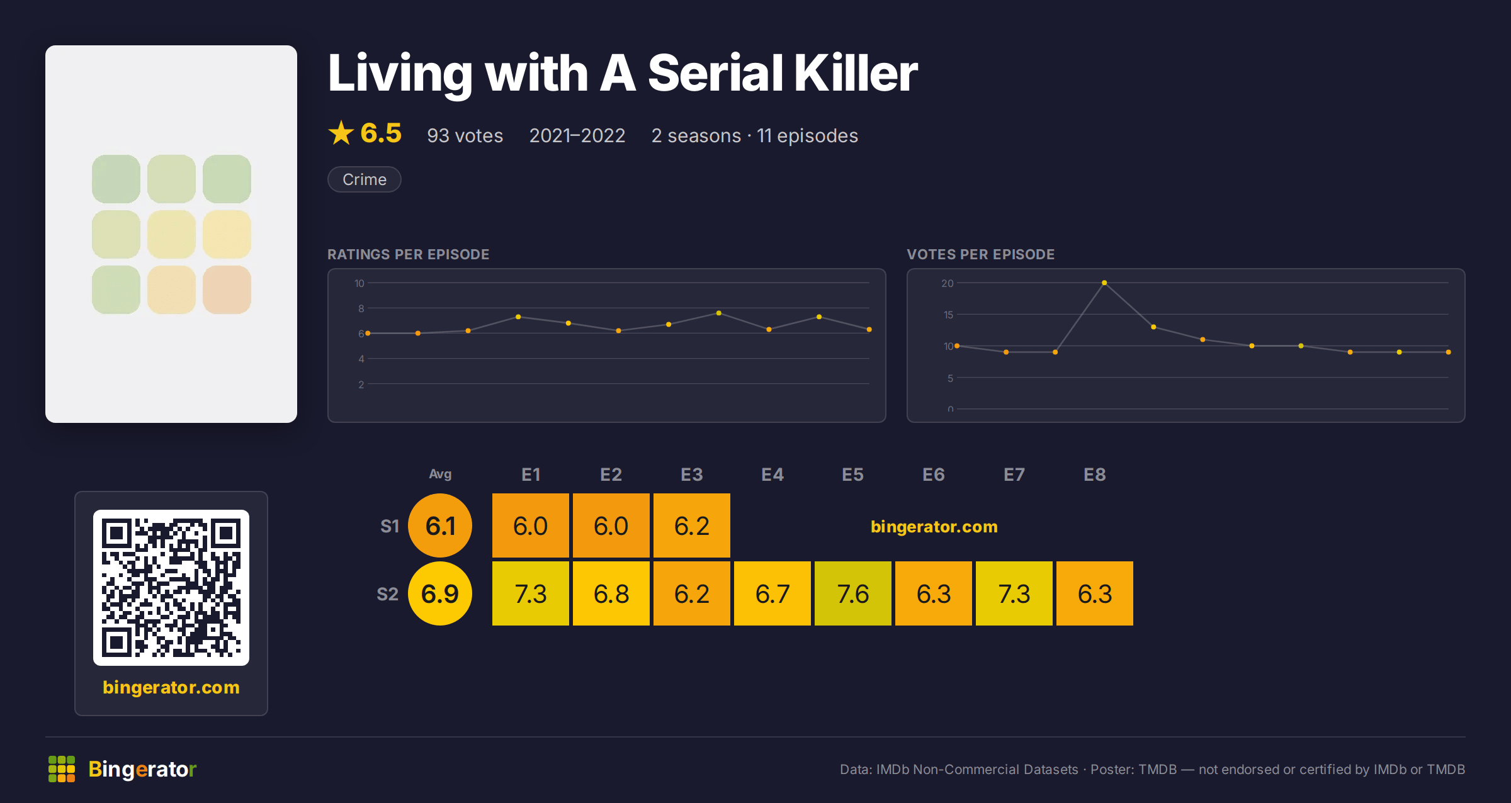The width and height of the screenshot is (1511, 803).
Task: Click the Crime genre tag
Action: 365,179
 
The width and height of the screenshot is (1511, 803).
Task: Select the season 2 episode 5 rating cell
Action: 853,593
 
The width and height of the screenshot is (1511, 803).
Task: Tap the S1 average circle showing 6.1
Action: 440,525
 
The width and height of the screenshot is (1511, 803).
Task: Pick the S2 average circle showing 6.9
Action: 440,593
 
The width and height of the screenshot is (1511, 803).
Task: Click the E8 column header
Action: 1095,474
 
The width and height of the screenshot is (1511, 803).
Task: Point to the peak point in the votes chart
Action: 1104,283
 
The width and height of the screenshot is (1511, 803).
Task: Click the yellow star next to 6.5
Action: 341,133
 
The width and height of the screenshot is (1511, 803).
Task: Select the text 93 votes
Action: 465,135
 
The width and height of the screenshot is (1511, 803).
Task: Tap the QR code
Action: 171,588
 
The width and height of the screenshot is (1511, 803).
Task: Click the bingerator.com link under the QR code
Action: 171,687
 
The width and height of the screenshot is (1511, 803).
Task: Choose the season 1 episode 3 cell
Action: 692,525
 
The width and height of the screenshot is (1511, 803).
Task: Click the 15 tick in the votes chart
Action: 948,315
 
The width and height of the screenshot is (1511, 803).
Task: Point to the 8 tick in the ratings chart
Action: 361,308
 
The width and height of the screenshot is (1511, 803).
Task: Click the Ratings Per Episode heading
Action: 409,254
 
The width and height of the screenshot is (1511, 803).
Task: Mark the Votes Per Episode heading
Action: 981,254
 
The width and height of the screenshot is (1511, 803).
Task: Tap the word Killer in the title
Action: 856,73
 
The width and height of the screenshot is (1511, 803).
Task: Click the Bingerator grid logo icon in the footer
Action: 62,769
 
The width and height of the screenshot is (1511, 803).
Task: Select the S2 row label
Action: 388,594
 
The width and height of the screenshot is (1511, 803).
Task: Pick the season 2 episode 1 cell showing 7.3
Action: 531,593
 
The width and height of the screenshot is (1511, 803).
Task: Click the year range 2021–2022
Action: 577,135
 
